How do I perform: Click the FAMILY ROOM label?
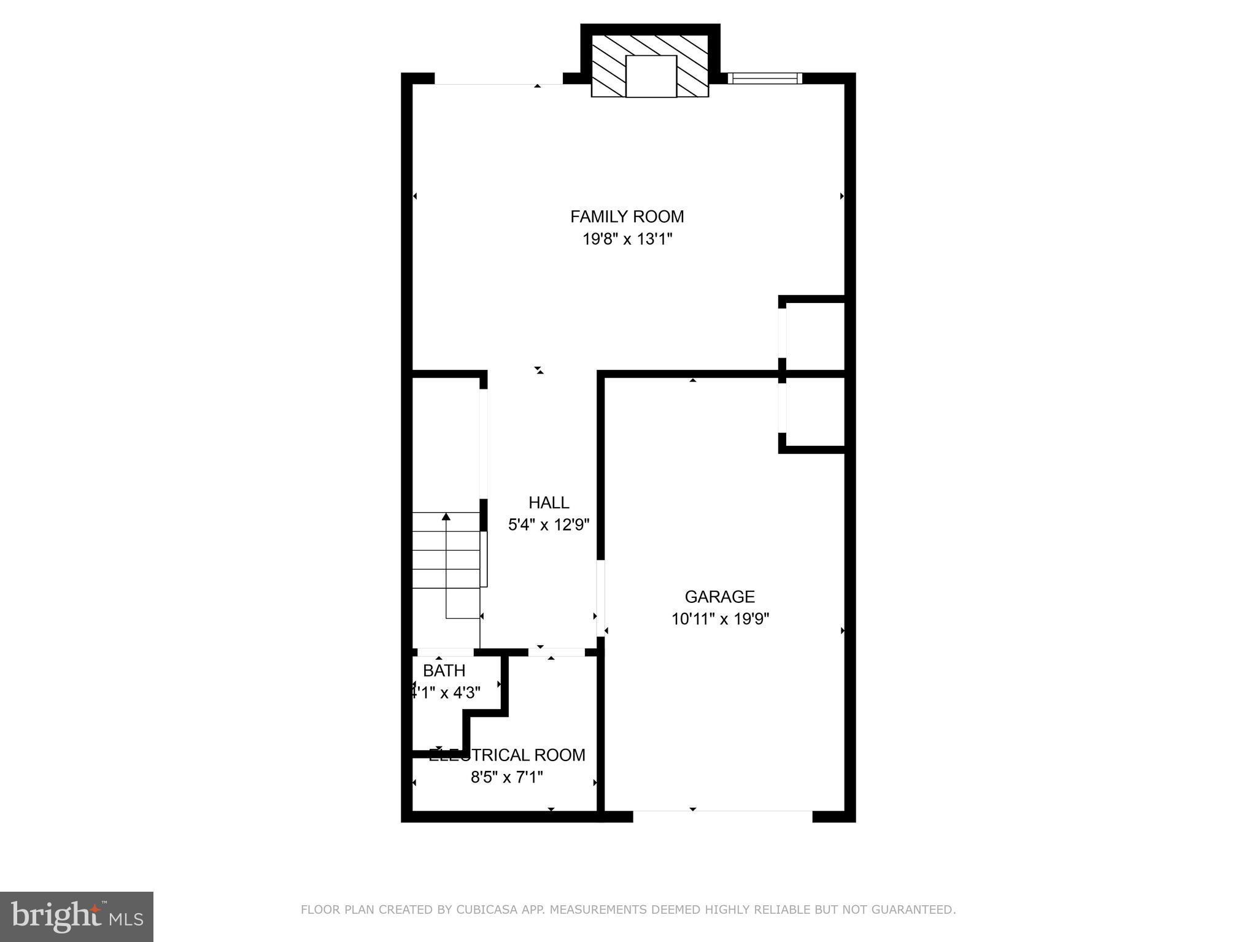627,216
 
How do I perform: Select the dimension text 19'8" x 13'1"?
627,239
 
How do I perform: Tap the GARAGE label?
719,597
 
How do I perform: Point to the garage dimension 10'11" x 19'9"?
720,619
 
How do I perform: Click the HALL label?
549,503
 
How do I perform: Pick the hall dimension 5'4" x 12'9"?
549,525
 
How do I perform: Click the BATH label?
444,671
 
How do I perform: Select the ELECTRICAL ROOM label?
507,755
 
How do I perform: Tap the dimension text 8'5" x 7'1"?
507,778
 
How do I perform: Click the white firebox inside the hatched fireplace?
651,76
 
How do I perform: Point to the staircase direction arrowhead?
446,517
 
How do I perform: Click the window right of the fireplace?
764,78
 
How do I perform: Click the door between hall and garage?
600,598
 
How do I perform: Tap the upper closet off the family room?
814,334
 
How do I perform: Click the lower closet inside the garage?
814,410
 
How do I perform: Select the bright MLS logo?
77,916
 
